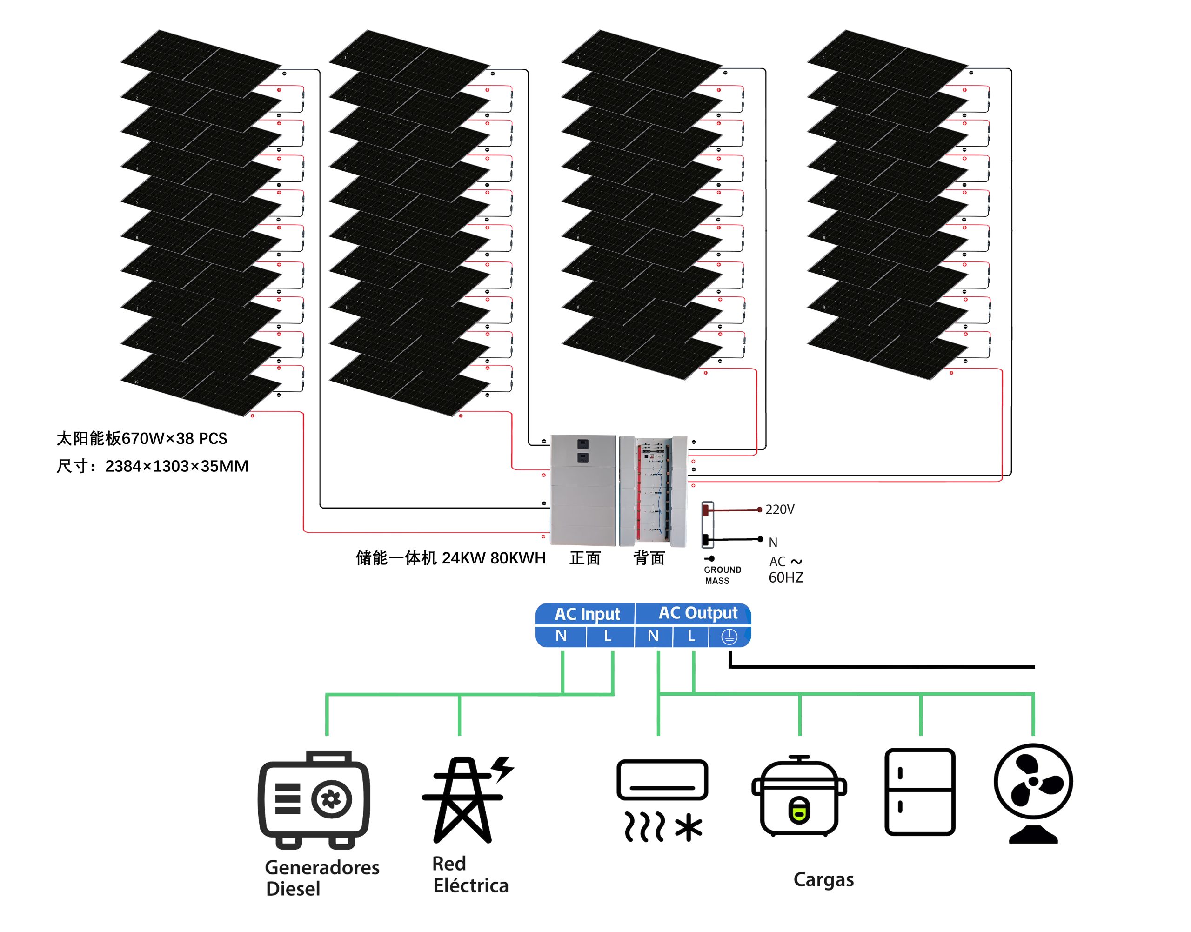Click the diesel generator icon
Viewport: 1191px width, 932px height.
point(314,799)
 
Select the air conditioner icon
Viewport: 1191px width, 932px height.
point(662,799)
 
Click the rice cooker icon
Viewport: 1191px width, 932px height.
point(799,796)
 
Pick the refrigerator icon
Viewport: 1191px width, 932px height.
point(919,792)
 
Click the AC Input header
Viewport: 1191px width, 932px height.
point(587,614)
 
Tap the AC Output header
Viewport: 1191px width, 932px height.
point(698,613)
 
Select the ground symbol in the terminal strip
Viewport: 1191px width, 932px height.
point(729,637)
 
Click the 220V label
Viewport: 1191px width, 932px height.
point(780,510)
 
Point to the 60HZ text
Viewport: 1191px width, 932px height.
point(786,578)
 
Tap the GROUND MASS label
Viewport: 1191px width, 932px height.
point(722,575)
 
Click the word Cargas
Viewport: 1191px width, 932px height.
point(823,879)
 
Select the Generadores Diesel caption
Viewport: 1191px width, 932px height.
point(321,878)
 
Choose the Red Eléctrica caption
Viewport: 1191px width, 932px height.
point(470,875)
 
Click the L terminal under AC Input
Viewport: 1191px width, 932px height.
point(607,636)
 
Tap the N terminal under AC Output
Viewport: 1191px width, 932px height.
point(653,636)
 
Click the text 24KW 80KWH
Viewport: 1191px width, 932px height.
point(493,558)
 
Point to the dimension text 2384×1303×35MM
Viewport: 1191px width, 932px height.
point(176,467)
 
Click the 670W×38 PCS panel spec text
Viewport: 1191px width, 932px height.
point(174,439)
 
